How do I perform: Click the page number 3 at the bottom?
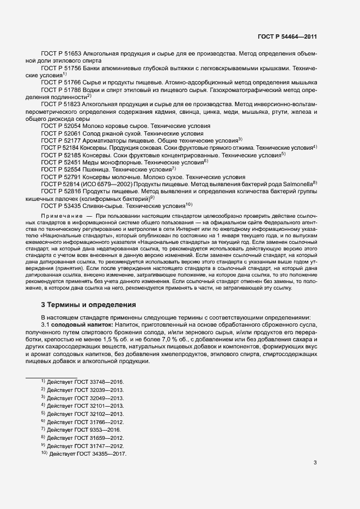(315, 463)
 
